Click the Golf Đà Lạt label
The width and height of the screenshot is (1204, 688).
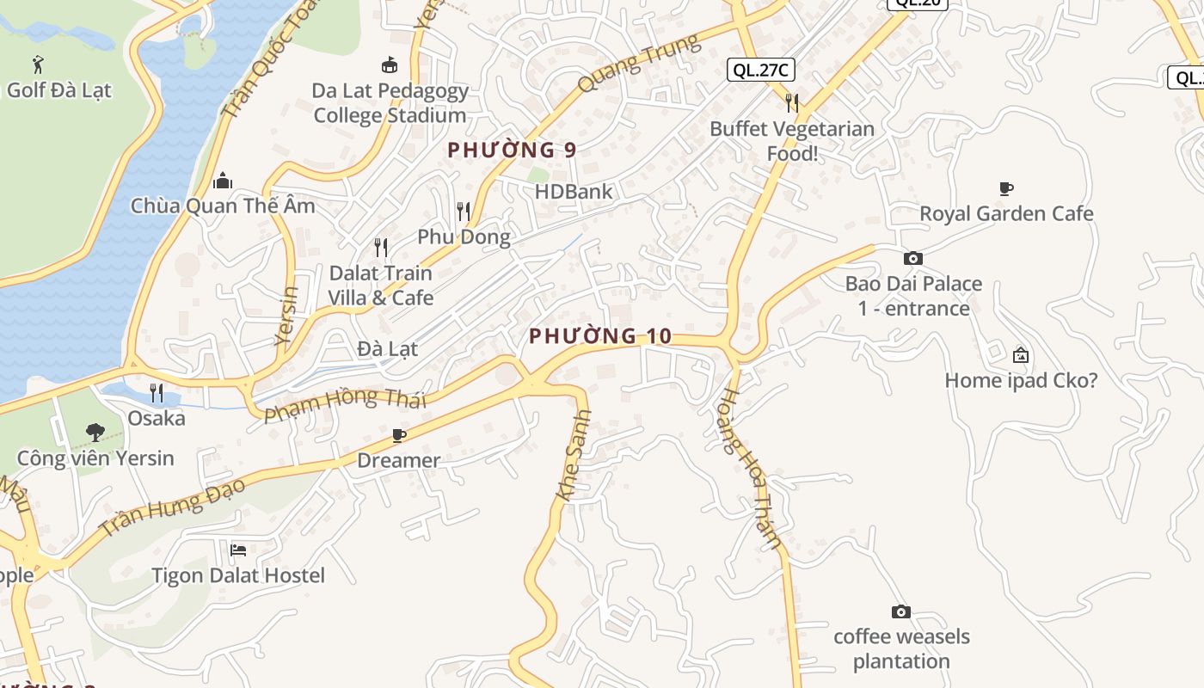(x=59, y=89)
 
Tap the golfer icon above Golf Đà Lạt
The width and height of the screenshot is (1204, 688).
(x=37, y=64)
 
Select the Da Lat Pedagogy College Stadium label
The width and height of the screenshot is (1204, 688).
(x=390, y=102)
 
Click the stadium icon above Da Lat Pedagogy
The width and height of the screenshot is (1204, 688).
(x=390, y=64)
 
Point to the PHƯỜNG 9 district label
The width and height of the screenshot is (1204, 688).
(x=512, y=150)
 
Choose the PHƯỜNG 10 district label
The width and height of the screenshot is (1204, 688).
(x=599, y=336)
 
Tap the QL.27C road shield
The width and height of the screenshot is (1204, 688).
(x=760, y=70)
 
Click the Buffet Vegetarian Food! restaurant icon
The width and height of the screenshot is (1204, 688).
(x=792, y=103)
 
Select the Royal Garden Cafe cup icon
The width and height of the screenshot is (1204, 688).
(x=1006, y=188)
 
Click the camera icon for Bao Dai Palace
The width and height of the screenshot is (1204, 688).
(x=913, y=258)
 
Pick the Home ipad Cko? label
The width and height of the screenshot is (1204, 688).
(x=1021, y=380)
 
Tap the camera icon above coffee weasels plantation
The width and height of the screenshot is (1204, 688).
(x=901, y=611)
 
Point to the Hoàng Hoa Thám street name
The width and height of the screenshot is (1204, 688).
(x=751, y=469)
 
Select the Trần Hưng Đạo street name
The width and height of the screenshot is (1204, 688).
(x=172, y=508)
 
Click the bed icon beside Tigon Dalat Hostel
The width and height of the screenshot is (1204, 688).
(x=238, y=550)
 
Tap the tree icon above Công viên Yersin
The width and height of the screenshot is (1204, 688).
(x=95, y=433)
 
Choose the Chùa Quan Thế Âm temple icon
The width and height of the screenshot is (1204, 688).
(x=223, y=181)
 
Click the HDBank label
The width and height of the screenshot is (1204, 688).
(x=574, y=191)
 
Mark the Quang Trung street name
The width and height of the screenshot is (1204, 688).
(x=639, y=64)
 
